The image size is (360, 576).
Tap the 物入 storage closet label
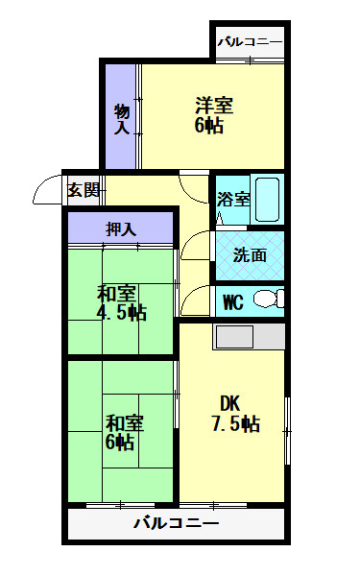click(122, 114)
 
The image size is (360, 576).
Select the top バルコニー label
click(250, 42)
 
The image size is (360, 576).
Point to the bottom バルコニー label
click(176, 524)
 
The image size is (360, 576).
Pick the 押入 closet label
click(121, 228)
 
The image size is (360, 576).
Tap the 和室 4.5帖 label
click(121, 301)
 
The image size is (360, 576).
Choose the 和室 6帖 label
click(121, 431)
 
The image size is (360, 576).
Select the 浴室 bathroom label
click(232, 200)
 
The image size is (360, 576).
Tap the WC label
click(232, 301)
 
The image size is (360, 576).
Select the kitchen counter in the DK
click(249, 337)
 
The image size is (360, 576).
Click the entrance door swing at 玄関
click(46, 193)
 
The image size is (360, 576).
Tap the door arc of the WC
click(195, 300)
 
